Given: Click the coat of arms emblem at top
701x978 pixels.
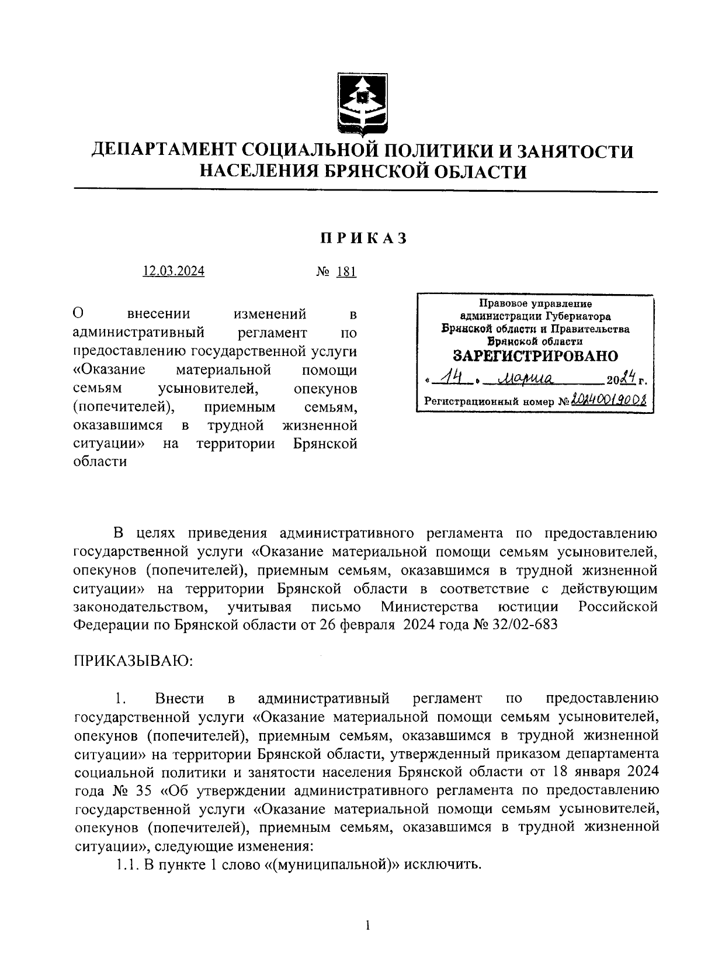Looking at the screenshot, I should click(363, 104).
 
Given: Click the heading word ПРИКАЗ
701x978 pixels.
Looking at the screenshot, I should click(362, 239).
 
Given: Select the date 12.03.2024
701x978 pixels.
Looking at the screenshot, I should click(174, 271).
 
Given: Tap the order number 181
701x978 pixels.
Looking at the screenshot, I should click(346, 272).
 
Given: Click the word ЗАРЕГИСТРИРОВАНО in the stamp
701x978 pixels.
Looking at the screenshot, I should click(536, 356).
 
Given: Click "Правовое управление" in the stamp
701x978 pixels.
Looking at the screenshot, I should click(535, 304).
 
